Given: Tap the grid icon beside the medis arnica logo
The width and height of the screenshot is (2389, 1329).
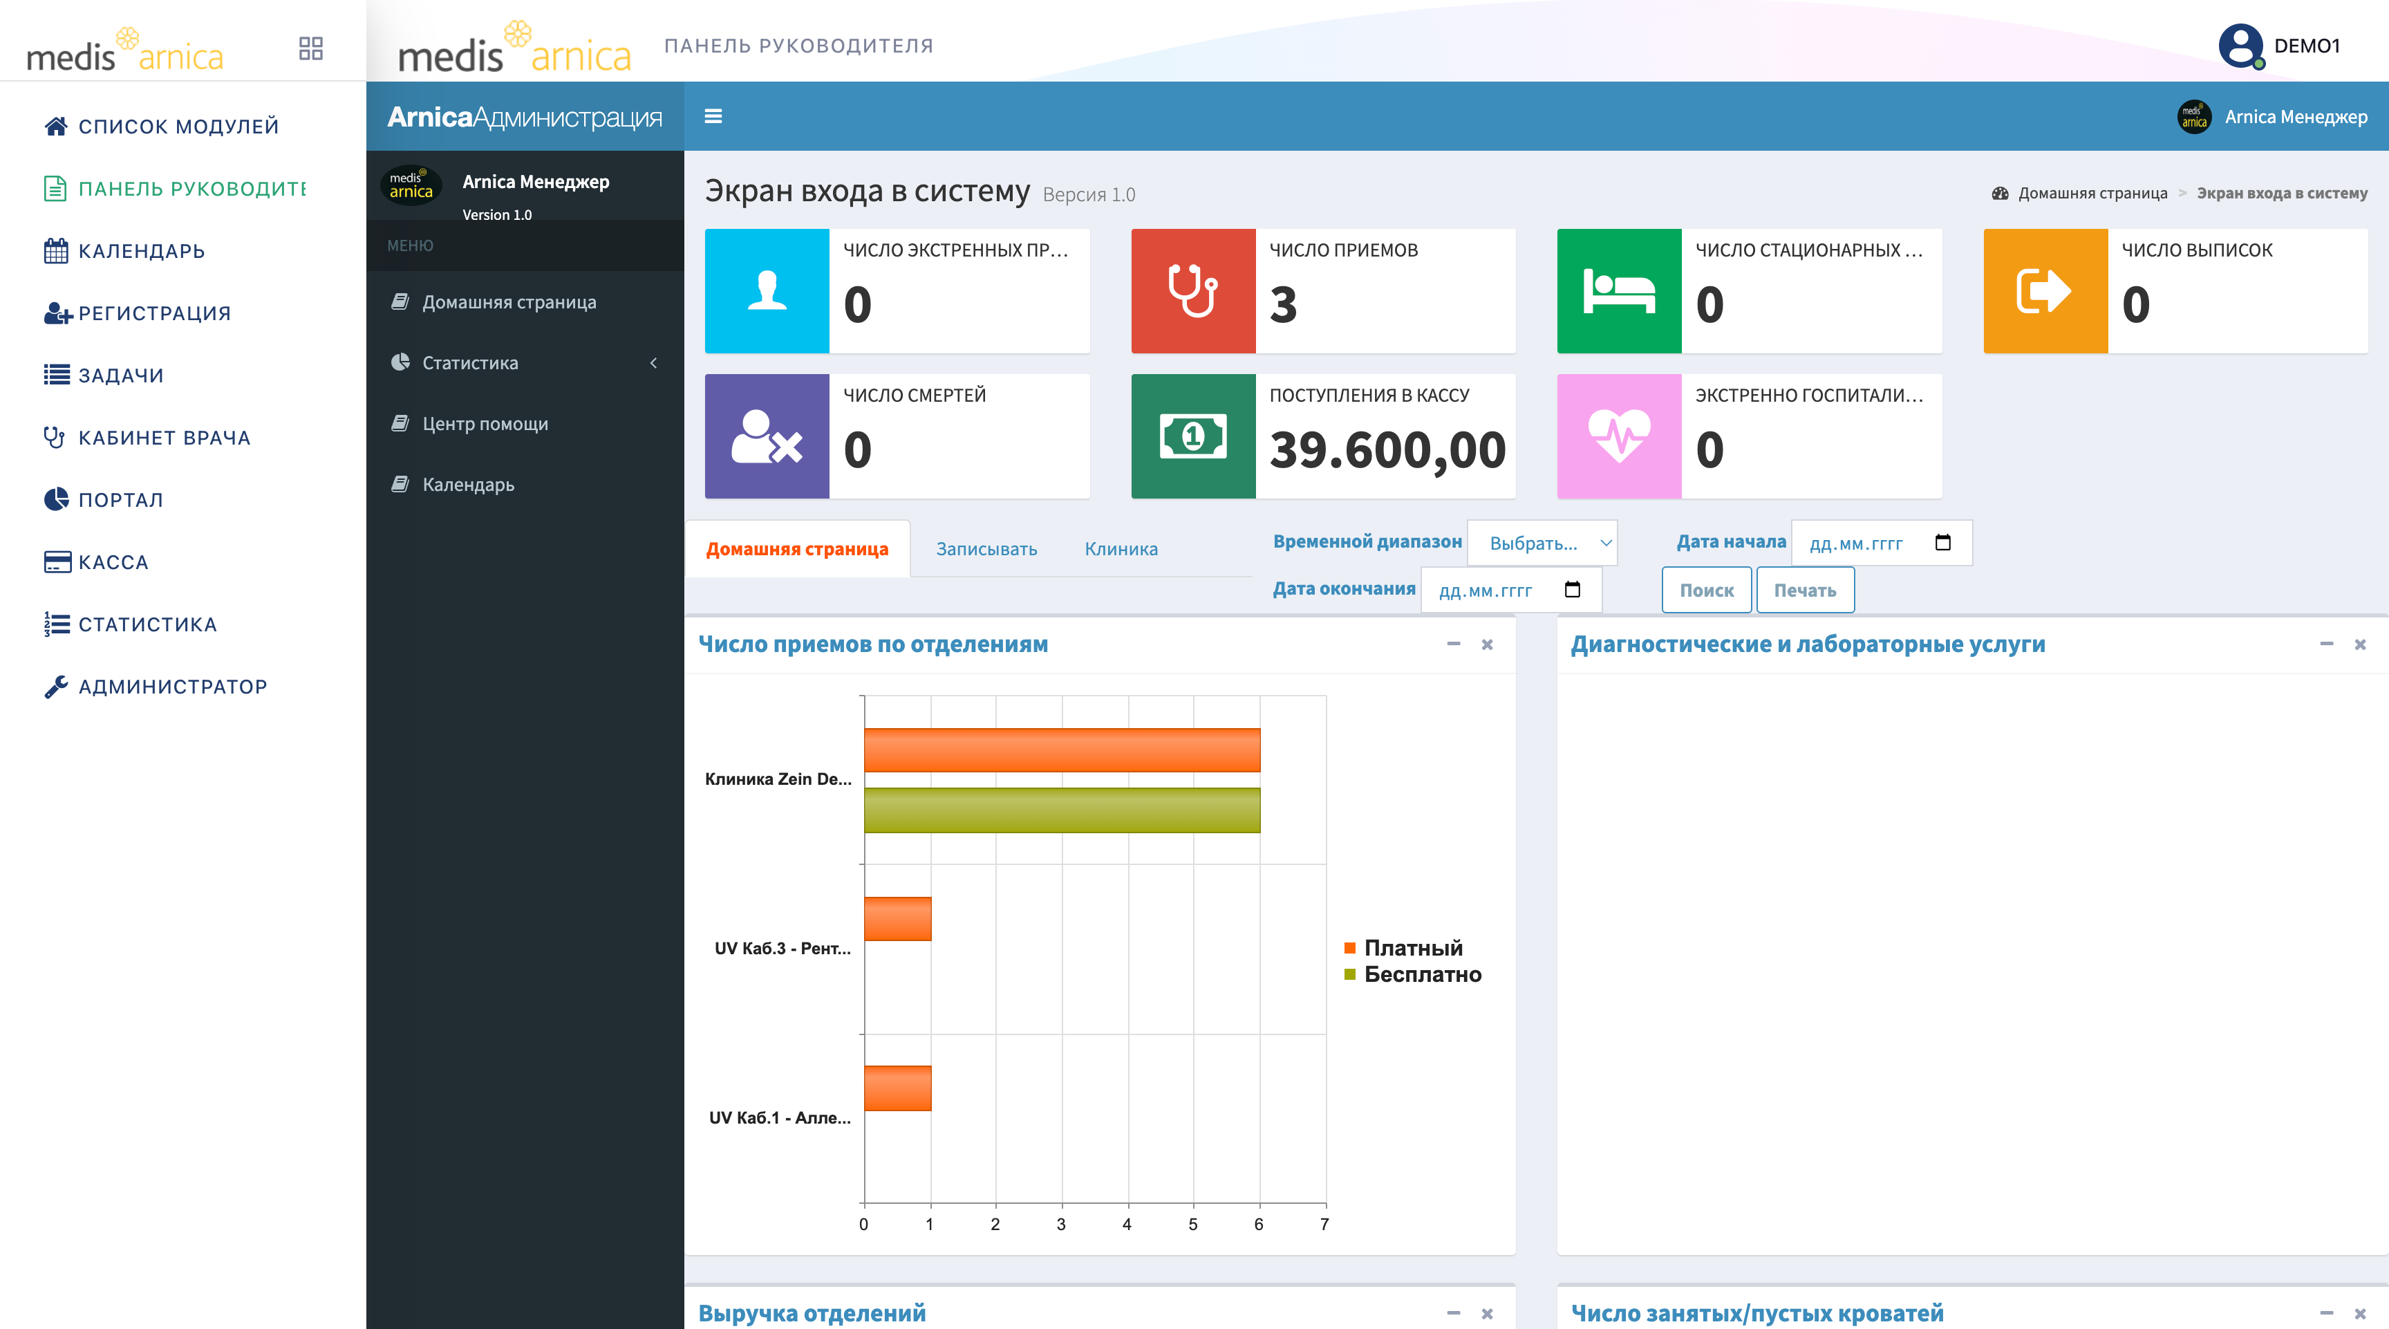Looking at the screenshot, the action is tap(310, 48).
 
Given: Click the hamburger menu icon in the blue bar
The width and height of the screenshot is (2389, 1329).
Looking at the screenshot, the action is tap(713, 116).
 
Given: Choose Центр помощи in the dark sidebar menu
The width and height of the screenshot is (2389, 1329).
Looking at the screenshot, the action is tap(485, 424).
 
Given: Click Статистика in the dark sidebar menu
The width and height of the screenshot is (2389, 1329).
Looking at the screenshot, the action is tap(470, 362).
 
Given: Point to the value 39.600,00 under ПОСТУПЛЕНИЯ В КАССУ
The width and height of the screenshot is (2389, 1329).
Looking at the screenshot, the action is tap(1387, 451).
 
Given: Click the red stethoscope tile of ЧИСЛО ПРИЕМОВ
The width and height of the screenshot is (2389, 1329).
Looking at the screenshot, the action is tap(1192, 290).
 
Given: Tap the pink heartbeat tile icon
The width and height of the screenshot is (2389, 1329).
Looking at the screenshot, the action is tap(1619, 436).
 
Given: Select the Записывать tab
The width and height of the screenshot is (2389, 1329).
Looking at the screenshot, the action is tap(986, 549).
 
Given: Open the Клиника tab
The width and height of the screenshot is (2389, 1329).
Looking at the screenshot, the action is tap(1121, 549).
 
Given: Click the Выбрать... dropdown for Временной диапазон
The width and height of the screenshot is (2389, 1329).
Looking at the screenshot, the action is tap(1542, 543).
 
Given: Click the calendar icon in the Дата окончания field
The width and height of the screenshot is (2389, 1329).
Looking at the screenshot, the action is tap(1573, 590).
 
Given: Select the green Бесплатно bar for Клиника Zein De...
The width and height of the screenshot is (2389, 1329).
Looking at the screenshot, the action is tap(1062, 810).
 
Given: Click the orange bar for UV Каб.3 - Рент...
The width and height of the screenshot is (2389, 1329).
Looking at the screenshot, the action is tap(898, 919).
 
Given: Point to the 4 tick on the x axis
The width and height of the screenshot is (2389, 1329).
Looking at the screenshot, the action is tap(1127, 1224).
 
